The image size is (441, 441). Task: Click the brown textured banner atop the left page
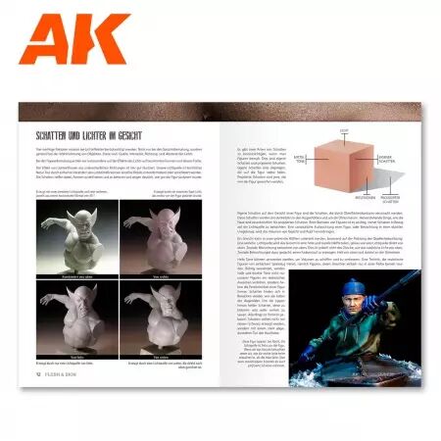119,112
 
